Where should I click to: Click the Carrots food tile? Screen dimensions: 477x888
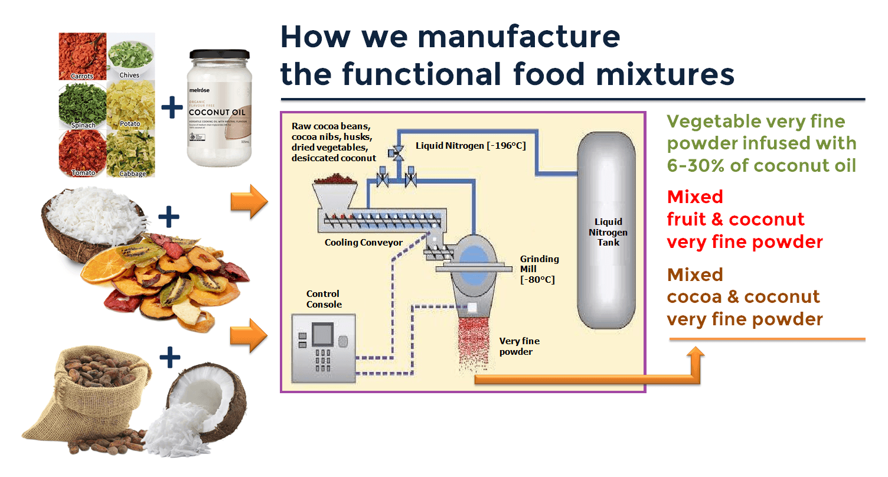83,56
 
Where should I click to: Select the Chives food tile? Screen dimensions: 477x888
131,56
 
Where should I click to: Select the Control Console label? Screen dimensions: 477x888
324,299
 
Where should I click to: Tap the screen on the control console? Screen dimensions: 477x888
322,334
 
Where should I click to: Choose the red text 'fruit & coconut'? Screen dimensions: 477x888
736,219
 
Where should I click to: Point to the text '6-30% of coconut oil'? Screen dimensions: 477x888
761,165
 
